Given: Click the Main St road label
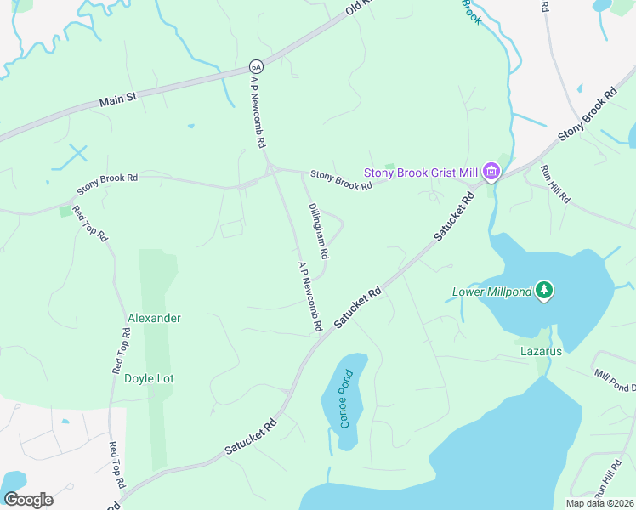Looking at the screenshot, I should (x=117, y=100).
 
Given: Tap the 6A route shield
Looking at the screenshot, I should (x=256, y=66).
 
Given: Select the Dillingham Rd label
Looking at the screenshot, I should (x=318, y=230).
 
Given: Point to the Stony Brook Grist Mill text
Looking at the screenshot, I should (x=422, y=173).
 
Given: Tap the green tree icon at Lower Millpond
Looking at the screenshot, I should (x=544, y=292).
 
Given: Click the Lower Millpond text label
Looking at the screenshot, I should (x=491, y=292).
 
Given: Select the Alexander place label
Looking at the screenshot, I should (x=154, y=318).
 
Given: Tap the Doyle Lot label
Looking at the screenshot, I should (x=149, y=378).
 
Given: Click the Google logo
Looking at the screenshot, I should (x=28, y=499).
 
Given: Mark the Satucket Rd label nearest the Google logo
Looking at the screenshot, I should (x=252, y=436).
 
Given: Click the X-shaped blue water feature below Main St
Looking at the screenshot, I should (x=77, y=155).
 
